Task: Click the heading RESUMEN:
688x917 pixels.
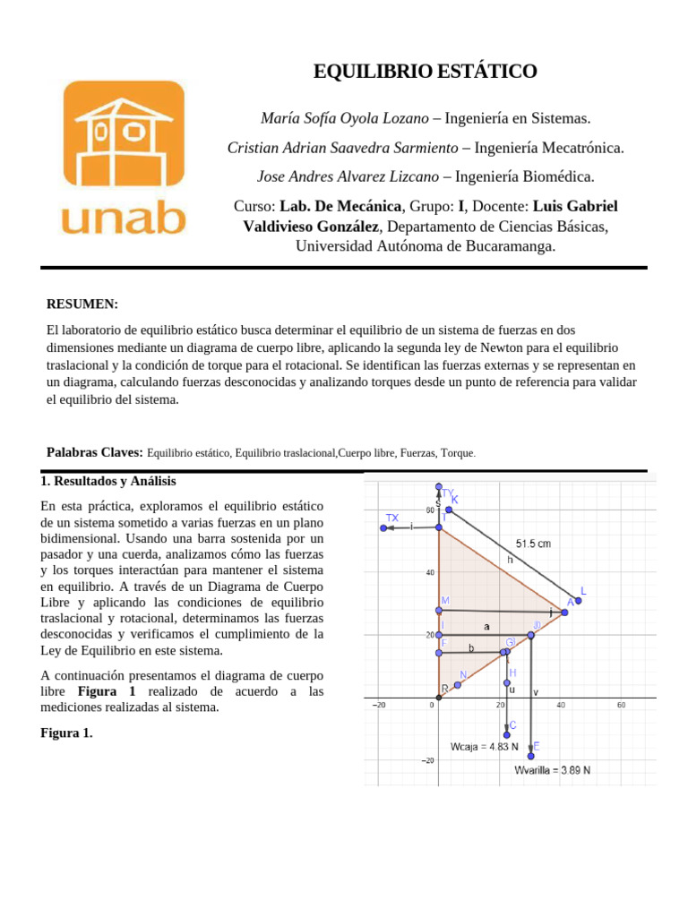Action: [x=82, y=304]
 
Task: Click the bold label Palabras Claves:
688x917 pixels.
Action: [x=94, y=453]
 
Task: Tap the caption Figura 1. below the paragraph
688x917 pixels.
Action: [x=66, y=733]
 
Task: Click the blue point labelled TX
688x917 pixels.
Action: [x=383, y=527]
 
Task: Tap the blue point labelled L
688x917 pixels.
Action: [x=578, y=600]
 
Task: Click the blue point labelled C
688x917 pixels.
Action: [x=506, y=734]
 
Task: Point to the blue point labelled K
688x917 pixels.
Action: [x=449, y=509]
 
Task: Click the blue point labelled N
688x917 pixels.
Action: [x=457, y=685]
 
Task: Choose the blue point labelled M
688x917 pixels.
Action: [x=439, y=610]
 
